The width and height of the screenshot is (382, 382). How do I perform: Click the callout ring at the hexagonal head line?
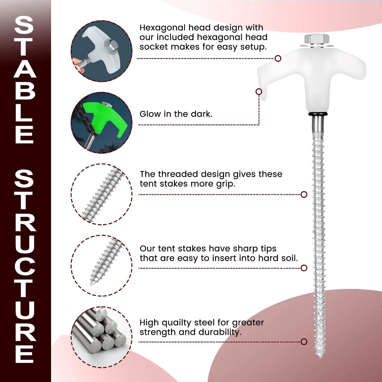[278, 58]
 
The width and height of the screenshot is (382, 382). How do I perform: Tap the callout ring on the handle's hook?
[259, 91]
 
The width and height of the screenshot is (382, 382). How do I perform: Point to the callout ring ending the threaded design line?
[304, 195]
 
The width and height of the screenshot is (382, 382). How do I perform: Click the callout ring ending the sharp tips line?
[304, 268]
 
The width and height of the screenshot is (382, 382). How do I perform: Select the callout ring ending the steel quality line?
[304, 342]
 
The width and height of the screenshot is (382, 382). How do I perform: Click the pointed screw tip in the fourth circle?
[92, 283]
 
